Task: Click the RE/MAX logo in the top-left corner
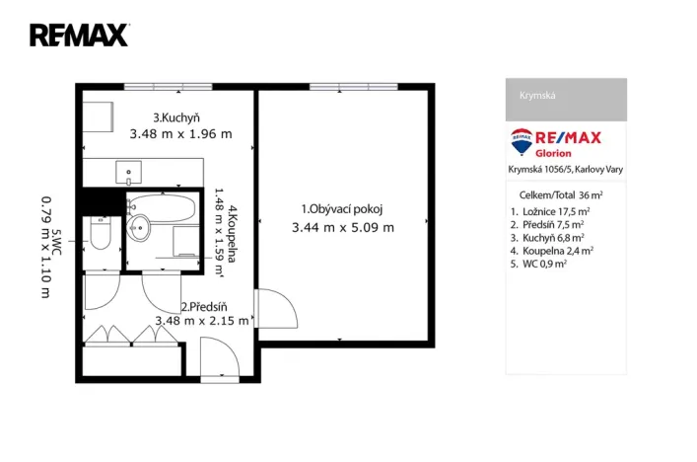tap(79, 36)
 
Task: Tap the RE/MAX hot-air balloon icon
tap(522, 141)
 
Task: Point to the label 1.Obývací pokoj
tap(341, 208)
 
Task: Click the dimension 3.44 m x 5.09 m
tap(342, 227)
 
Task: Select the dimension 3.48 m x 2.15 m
tap(202, 320)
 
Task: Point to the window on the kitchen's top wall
tap(168, 88)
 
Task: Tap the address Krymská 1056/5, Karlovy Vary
tap(565, 169)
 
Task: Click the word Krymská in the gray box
tap(537, 96)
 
